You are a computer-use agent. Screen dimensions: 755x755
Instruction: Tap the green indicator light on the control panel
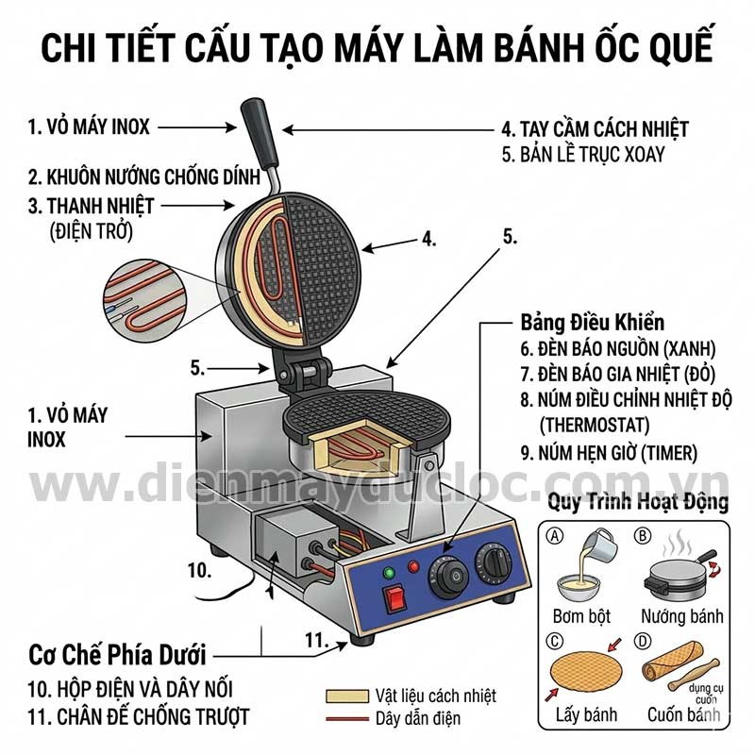[387, 572]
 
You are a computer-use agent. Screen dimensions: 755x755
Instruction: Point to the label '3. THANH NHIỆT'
[91, 205]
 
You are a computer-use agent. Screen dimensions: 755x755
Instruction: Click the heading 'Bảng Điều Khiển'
[593, 322]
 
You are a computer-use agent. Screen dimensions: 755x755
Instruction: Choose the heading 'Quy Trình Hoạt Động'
[639, 502]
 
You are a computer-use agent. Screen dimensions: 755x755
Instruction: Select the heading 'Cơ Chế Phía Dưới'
[118, 653]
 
